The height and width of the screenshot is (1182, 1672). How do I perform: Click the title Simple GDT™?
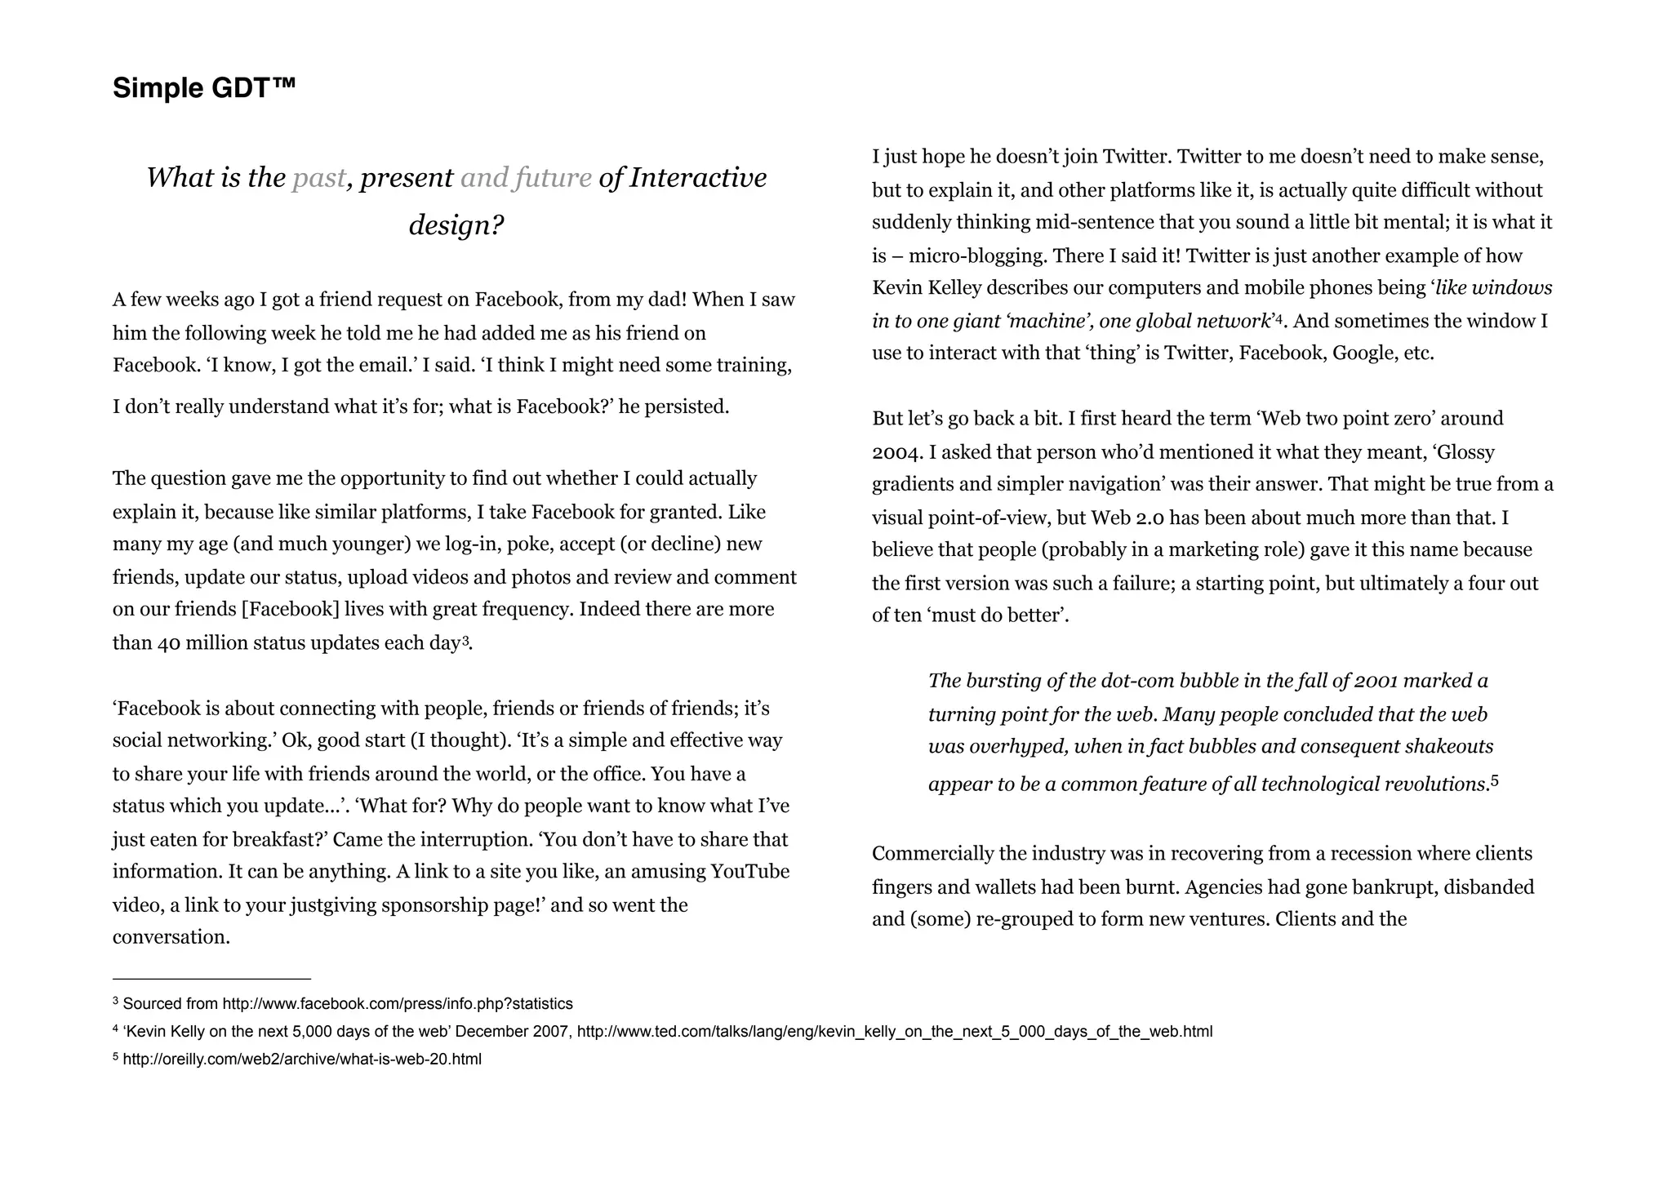204,87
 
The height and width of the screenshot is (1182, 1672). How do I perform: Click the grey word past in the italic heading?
318,178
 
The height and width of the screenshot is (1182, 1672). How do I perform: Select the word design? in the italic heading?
456,224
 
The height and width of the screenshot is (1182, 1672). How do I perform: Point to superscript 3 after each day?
465,641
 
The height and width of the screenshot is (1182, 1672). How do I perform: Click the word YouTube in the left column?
749,872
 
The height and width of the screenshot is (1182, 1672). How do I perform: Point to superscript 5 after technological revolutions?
1495,781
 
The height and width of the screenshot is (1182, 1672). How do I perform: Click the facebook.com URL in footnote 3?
398,1004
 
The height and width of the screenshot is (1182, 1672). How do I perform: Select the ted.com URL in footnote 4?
894,1032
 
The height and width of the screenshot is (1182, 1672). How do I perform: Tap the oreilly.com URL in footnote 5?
302,1060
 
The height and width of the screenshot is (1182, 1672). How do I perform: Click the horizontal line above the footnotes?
211,978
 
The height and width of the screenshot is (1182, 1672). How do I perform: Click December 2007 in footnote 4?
511,1032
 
